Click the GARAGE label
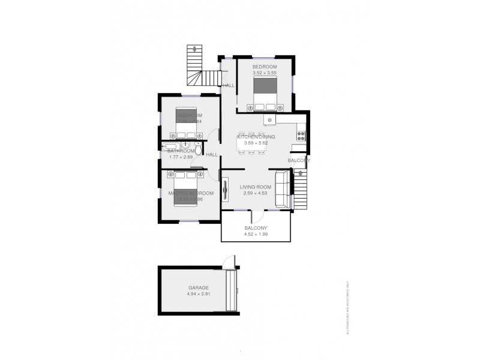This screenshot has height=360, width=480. tap(198, 288)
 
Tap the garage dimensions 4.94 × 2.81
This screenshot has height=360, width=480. tap(198, 295)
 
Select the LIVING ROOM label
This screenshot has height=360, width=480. tap(256, 187)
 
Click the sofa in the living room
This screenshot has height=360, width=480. tap(281, 190)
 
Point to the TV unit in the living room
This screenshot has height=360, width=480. tap(225, 190)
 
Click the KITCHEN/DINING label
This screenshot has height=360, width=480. tap(256, 137)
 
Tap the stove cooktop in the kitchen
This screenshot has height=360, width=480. tap(302, 135)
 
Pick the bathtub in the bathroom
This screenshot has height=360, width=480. tap(170, 146)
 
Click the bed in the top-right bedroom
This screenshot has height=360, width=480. tap(267, 95)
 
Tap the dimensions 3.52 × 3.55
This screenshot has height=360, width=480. tap(264, 73)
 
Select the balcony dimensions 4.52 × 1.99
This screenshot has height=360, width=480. tap(256, 235)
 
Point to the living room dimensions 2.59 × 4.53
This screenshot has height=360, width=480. tap(256, 194)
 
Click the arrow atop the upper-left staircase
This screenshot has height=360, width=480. tap(194, 49)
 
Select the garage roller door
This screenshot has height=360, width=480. tap(230, 290)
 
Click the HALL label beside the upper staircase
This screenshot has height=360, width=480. tap(228, 86)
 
